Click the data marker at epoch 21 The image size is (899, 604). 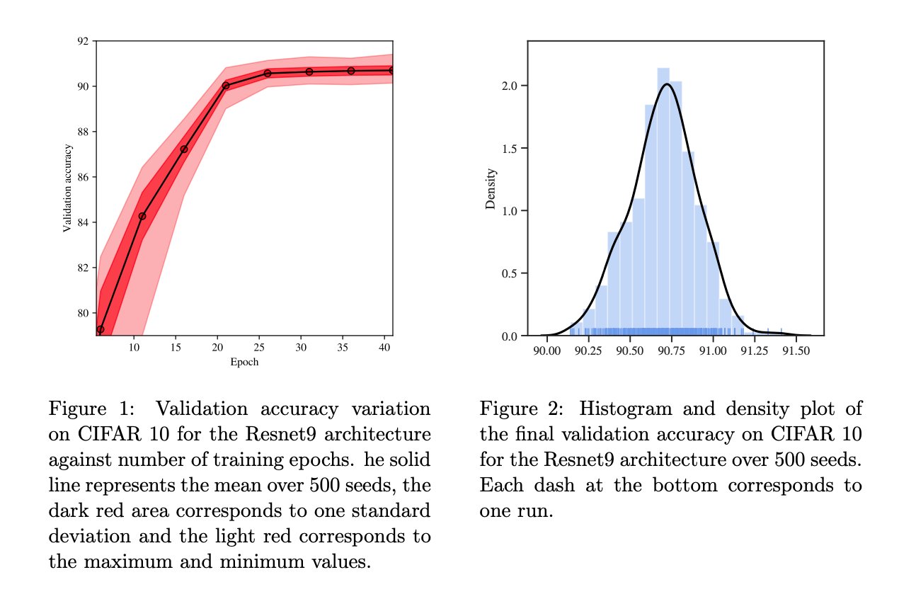[226, 86]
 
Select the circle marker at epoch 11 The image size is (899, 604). [142, 216]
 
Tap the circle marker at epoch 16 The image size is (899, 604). [184, 149]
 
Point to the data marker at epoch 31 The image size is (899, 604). [309, 72]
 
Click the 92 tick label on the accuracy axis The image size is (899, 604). [83, 41]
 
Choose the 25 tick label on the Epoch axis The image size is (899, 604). [259, 347]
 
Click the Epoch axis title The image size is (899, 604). [244, 362]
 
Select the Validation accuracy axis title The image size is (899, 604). [67, 188]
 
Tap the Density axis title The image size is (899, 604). [491, 188]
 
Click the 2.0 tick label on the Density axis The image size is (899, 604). [509, 86]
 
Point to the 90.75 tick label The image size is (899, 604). [671, 351]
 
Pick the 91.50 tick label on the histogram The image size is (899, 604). [796, 351]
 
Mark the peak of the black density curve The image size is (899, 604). [667, 84]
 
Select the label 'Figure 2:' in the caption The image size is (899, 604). [521, 409]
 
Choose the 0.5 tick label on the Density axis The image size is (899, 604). [509, 274]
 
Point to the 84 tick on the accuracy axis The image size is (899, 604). [83, 223]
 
